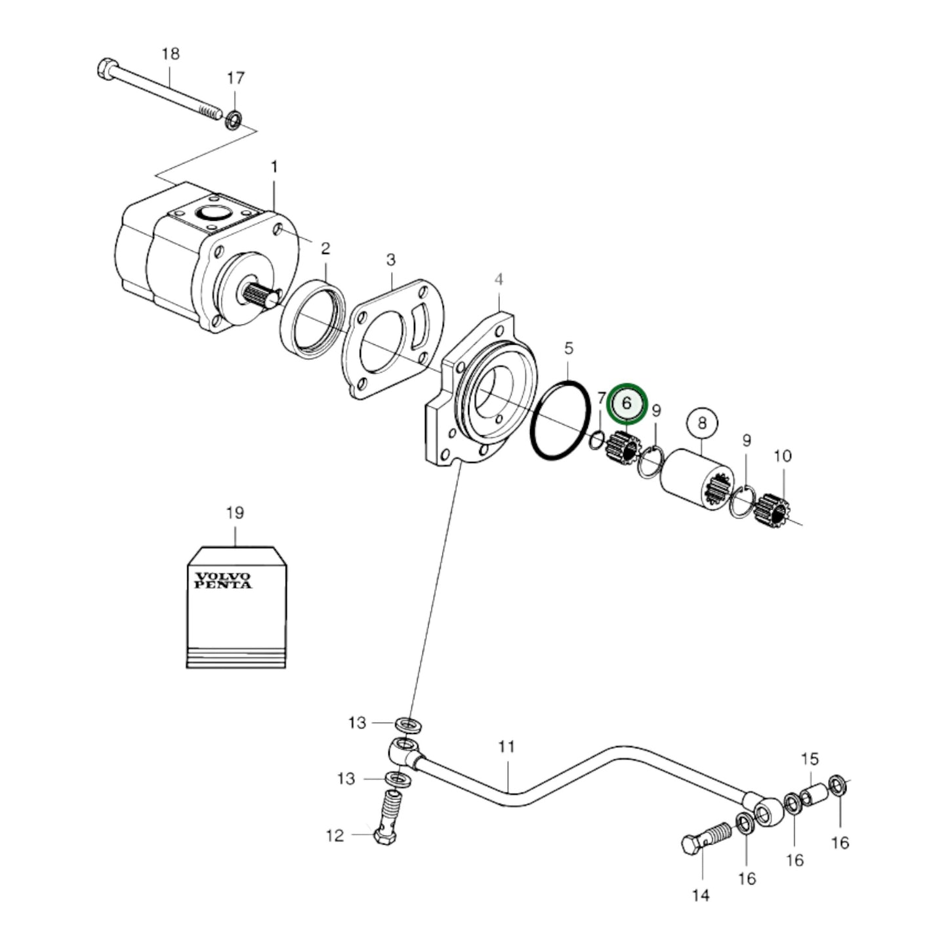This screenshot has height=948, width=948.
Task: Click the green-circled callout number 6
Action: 627,403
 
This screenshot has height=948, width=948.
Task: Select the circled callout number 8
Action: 702,422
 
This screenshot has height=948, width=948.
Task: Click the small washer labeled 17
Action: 233,121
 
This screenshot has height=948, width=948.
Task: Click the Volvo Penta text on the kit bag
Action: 222,580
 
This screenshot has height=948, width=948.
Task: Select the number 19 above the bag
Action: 235,513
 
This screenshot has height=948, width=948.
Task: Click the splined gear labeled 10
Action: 772,509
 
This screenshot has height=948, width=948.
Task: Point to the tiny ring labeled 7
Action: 598,440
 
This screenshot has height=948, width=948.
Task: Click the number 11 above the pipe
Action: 506,747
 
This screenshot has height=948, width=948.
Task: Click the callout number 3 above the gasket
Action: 391,260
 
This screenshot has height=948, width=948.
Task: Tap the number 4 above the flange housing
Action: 499,280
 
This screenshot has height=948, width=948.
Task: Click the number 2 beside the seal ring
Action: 325,249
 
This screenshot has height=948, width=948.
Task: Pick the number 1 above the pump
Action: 274,168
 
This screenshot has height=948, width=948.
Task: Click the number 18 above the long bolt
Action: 170,53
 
